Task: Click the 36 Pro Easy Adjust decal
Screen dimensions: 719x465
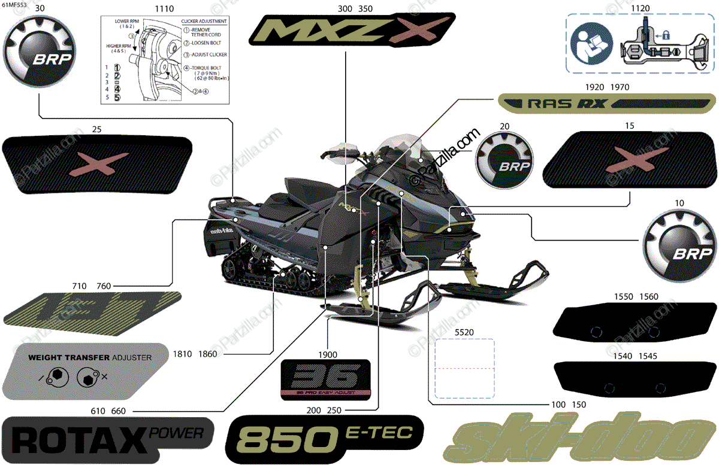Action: coord(326,379)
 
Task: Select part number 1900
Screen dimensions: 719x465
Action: coord(328,354)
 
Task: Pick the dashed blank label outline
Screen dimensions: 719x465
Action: coord(464,368)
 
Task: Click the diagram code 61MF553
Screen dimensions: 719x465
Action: coord(14,5)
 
